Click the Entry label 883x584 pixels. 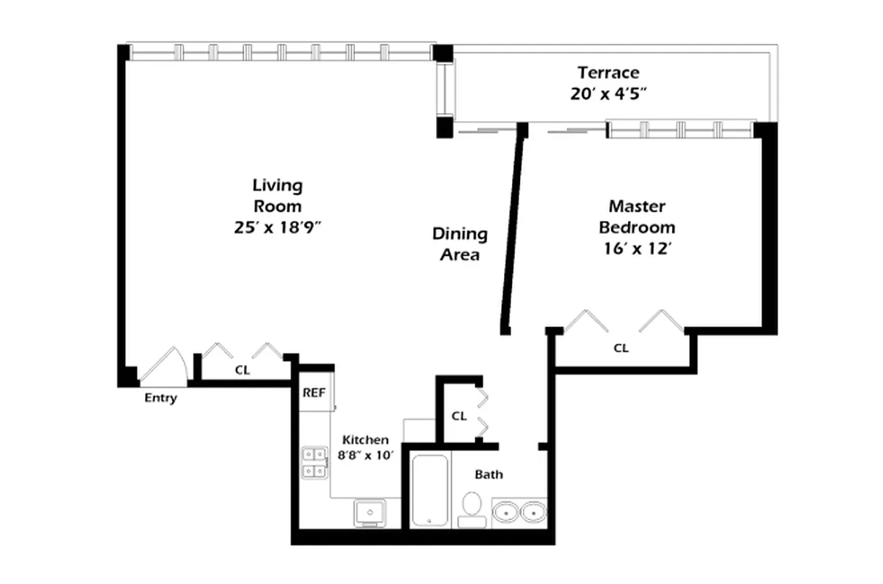[160, 399]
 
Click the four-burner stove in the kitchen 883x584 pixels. [314, 462]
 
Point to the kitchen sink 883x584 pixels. [371, 513]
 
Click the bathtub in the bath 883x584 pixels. [428, 489]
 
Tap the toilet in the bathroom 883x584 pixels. [472, 508]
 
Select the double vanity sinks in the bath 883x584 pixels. [519, 512]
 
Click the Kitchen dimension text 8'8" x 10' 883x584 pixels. [365, 455]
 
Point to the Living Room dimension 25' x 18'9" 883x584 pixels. [277, 227]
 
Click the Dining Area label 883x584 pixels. [459, 244]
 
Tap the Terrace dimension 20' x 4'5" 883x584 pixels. [608, 94]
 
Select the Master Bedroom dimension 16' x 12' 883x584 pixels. [637, 248]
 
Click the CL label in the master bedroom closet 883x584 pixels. [620, 348]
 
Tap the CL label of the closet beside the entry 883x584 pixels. [242, 370]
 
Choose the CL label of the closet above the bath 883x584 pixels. [459, 416]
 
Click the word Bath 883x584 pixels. [489, 474]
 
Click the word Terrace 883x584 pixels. [608, 72]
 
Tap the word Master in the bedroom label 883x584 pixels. [637, 206]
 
